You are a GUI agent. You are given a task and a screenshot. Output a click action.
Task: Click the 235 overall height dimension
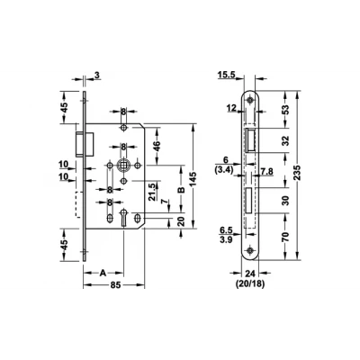[297, 173]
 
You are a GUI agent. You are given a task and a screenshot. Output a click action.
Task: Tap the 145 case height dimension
[193, 179]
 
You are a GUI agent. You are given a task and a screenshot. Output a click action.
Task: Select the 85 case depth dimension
[115, 284]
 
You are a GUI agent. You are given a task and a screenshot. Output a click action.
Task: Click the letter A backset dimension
[103, 273]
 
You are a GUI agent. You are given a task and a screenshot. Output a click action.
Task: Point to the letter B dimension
[181, 190]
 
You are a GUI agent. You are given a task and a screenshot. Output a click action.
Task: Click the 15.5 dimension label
[226, 75]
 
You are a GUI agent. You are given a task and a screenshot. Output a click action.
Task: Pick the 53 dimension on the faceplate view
[286, 110]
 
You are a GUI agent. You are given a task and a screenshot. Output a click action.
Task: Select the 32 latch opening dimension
[286, 140]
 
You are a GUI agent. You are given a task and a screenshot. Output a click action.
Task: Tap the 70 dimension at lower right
[286, 237]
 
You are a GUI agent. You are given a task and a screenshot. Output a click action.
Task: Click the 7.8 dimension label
[266, 171]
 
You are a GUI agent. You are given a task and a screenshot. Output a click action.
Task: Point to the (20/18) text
[250, 283]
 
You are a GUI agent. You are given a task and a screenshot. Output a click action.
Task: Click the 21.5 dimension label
[152, 193]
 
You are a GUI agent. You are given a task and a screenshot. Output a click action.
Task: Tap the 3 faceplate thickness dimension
[96, 75]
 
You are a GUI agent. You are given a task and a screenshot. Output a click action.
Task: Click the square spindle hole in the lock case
[123, 165]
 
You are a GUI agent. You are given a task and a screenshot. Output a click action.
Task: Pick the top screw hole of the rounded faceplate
[249, 100]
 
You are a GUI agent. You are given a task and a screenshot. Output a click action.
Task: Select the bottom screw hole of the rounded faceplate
[249, 250]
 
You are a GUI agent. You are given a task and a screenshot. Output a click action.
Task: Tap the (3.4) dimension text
[224, 170]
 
